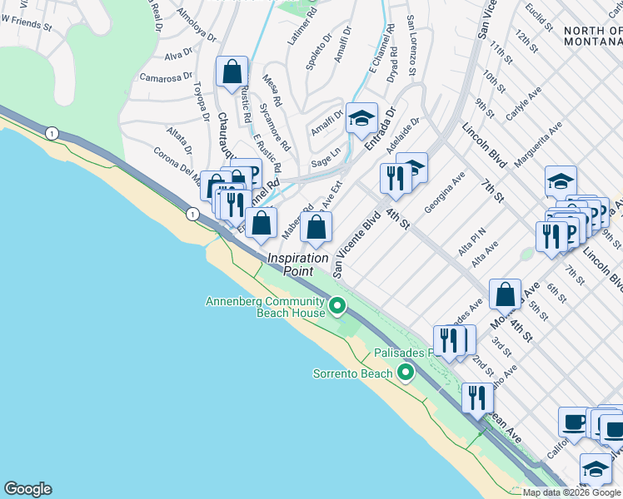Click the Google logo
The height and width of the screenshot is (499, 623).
[x=27, y=489]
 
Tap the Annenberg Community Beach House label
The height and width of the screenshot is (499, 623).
[x=265, y=307]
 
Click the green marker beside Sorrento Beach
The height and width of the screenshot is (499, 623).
[x=406, y=372]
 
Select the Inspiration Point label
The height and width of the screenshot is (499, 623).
[x=297, y=264]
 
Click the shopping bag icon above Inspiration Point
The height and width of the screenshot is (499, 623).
[x=316, y=226]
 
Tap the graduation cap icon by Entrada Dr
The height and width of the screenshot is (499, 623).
[x=361, y=118]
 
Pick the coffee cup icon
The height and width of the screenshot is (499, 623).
[x=574, y=422]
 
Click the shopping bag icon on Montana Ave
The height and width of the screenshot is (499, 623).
[x=505, y=294]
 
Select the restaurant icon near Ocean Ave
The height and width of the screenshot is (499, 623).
[x=476, y=398]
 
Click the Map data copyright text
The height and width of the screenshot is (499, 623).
[x=571, y=492]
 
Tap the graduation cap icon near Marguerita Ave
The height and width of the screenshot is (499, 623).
[x=561, y=182]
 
